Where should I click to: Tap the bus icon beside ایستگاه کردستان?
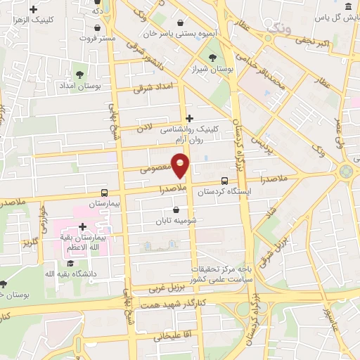224,180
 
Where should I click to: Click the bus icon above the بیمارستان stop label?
104,193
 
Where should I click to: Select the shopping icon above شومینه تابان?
175,210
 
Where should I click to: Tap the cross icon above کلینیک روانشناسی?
188,117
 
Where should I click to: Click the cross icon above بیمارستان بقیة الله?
83,226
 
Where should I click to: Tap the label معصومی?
153,169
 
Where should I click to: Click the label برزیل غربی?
168,288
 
